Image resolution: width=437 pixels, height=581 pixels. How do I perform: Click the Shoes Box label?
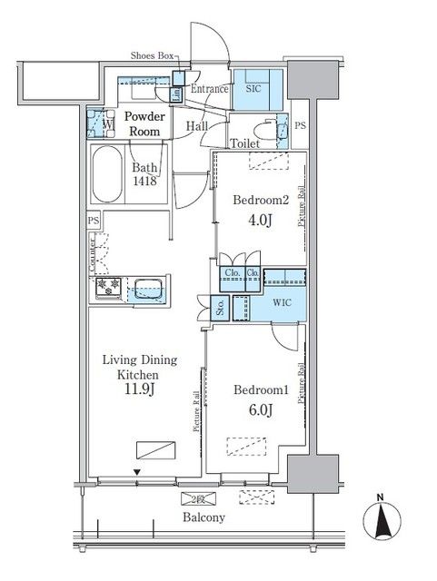pos(152,55)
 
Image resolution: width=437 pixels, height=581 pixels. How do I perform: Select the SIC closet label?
pos(253,89)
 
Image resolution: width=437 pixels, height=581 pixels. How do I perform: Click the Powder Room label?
pos(144,123)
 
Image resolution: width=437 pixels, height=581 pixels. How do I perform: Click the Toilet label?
pos(246,143)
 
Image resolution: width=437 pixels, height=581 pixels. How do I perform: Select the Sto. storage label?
pos(219,307)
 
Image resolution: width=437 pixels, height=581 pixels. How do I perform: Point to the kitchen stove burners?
pos(108,288)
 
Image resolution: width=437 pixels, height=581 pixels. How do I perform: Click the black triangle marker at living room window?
pos(138,472)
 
